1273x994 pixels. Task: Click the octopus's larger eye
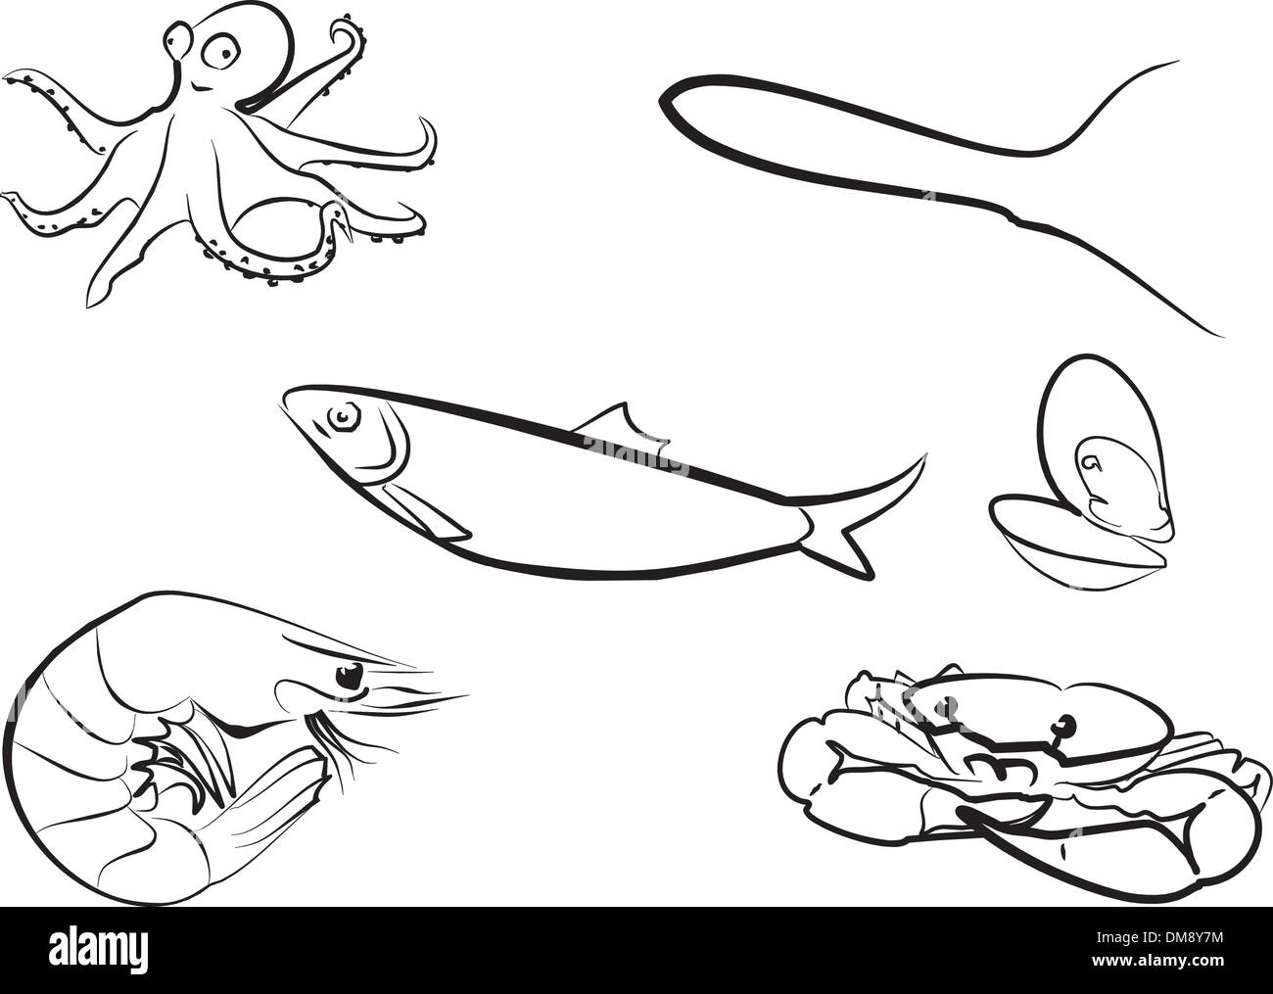(221, 52)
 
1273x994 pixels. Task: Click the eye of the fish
(344, 417)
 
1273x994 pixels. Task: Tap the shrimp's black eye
(350, 677)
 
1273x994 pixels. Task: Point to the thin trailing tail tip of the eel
(1218, 335)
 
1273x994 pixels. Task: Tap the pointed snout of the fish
(287, 399)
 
